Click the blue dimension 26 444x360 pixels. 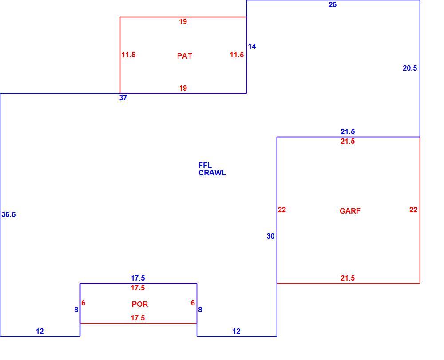pyautogui.click(x=333, y=4)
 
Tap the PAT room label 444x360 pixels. pyautogui.click(x=185, y=56)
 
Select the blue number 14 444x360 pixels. pyautogui.click(x=252, y=47)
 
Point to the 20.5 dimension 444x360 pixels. pyautogui.click(x=410, y=68)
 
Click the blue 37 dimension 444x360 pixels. pyautogui.click(x=123, y=98)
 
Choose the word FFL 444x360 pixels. pyautogui.click(x=205, y=165)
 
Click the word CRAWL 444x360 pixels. pyautogui.click(x=212, y=173)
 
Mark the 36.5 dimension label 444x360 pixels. pyautogui.click(x=8, y=214)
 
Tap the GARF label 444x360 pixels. pyautogui.click(x=350, y=211)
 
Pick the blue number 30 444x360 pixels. pyautogui.click(x=270, y=236)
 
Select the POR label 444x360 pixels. pyautogui.click(x=139, y=304)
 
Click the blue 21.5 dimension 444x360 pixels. pyautogui.click(x=348, y=131)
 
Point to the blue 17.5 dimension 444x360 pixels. pyautogui.click(x=138, y=278)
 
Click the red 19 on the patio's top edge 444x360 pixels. pyautogui.click(x=183, y=21)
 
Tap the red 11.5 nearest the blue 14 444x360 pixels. pyautogui.click(x=237, y=55)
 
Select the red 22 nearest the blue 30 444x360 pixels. pyautogui.click(x=282, y=210)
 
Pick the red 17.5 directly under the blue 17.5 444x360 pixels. pyautogui.click(x=138, y=288)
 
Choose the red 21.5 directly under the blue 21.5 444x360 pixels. pyautogui.click(x=348, y=141)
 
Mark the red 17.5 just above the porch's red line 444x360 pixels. pyautogui.click(x=138, y=318)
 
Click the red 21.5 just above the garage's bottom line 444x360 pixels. pyautogui.click(x=348, y=278)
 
